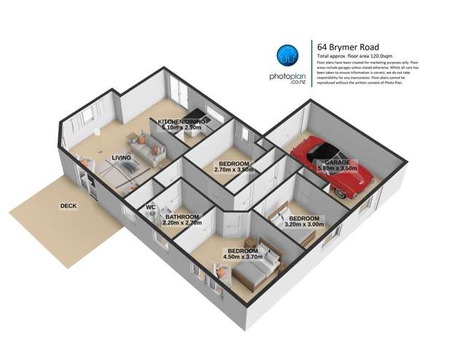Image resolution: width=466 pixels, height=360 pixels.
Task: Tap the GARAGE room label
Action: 338,163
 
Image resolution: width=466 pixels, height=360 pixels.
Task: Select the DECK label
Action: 69,206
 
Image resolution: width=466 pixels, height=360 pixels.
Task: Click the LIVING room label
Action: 122,157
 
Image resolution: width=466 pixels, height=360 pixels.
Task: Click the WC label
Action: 151,208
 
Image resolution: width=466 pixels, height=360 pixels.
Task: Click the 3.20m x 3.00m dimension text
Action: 303,225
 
